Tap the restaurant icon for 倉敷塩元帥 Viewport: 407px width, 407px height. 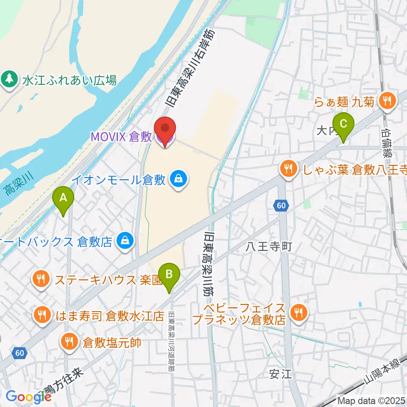pos(69,341)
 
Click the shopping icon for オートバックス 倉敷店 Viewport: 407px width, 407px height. pos(125,242)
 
